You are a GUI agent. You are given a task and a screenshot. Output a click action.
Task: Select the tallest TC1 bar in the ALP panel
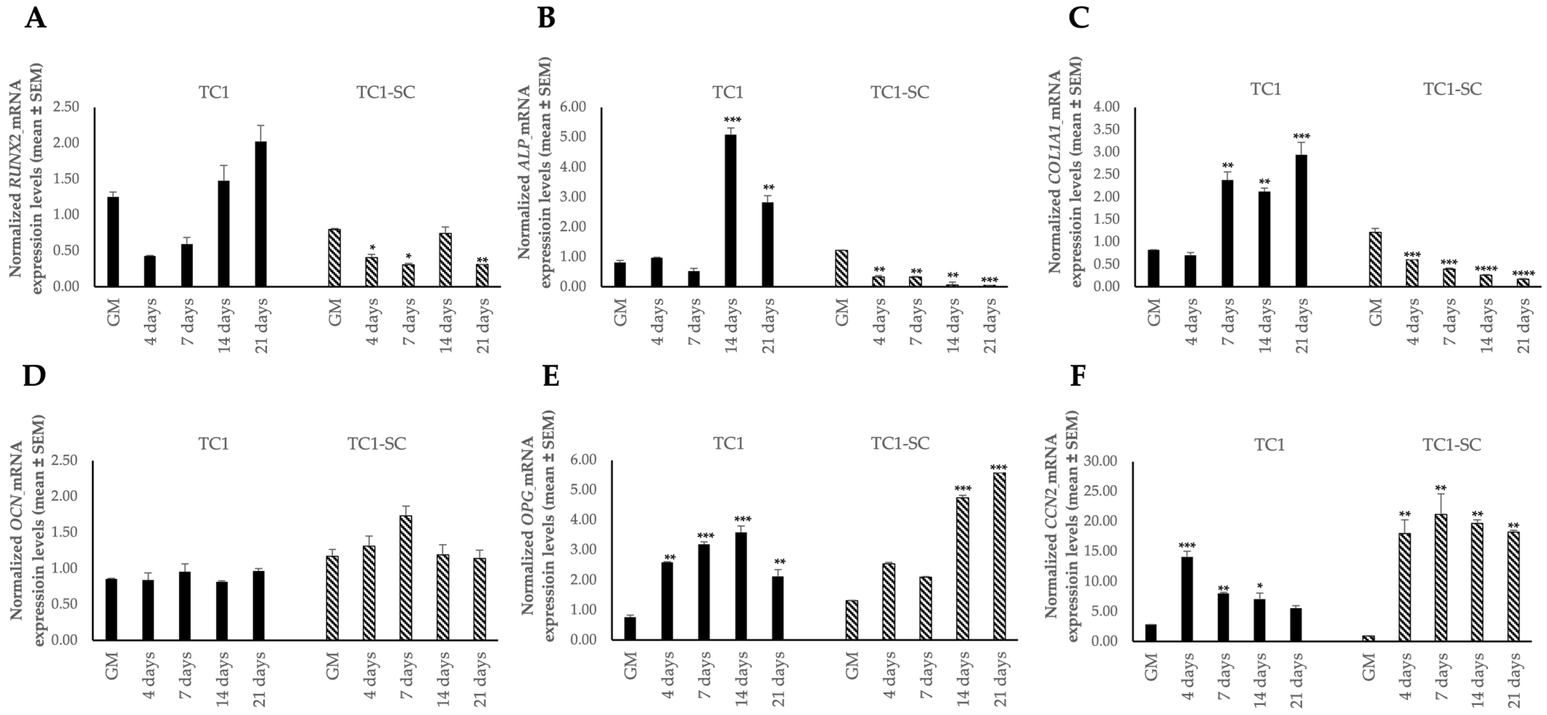(x=731, y=210)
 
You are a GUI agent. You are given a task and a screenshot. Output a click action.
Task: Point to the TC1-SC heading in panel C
(x=1452, y=90)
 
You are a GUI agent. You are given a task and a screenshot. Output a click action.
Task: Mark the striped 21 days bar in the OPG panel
(x=999, y=556)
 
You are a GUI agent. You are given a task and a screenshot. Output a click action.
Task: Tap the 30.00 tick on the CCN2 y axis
(x=1101, y=461)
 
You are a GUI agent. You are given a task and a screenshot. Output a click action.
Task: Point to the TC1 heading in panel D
(x=214, y=444)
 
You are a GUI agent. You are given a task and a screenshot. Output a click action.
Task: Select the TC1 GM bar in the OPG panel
(x=630, y=628)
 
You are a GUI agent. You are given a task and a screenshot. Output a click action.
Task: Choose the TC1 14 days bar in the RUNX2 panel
(x=223, y=233)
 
